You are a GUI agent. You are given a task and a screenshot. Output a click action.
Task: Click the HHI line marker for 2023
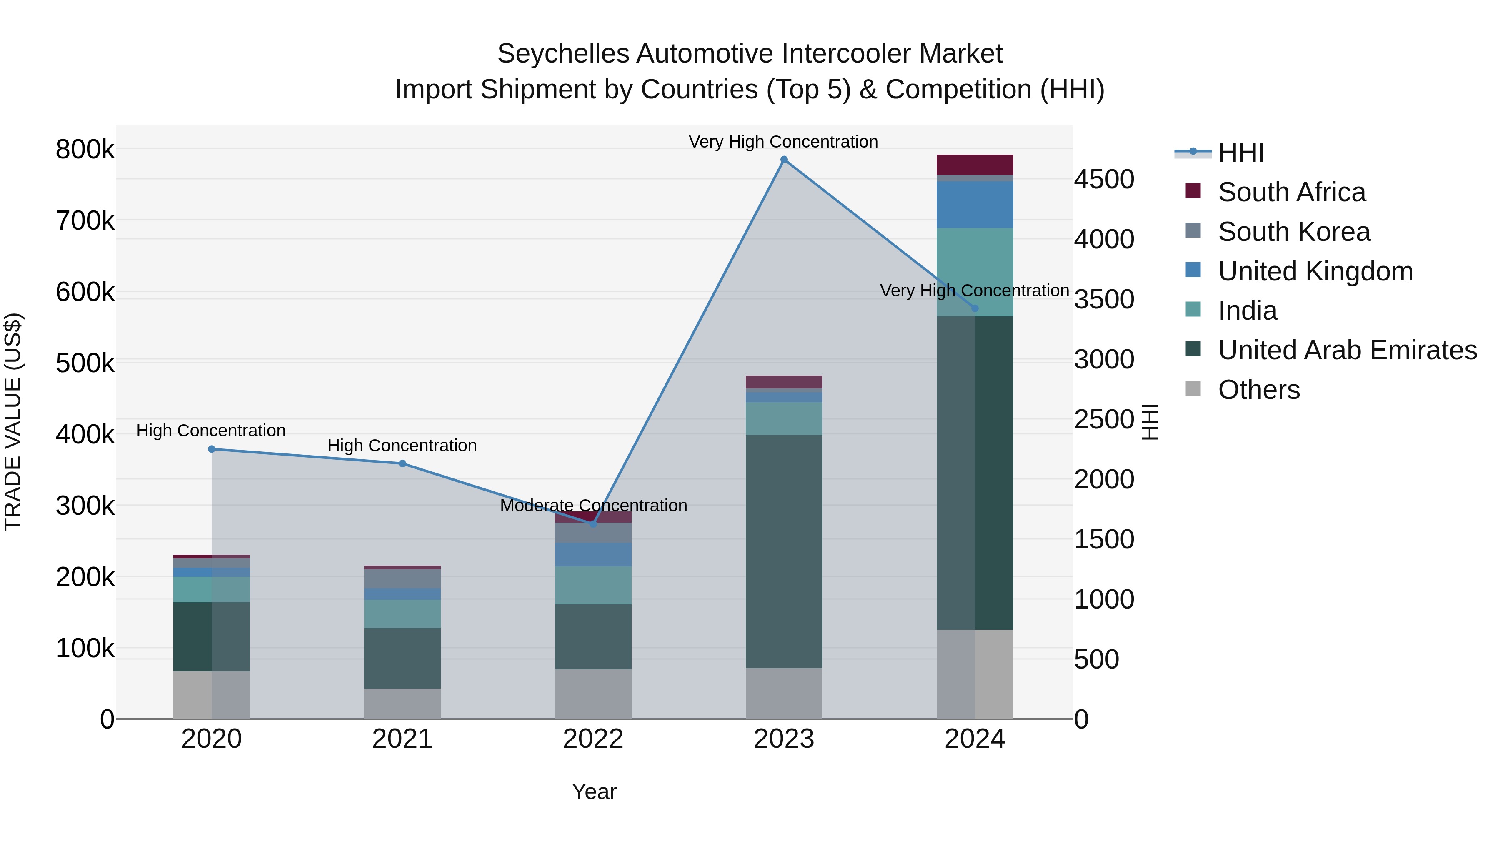coord(784,160)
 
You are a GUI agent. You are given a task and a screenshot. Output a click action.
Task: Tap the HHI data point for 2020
coord(211,449)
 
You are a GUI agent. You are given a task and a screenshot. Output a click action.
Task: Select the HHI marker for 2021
coord(402,463)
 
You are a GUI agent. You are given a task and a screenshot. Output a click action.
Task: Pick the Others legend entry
coord(1258,390)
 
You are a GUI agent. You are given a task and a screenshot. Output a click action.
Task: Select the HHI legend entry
coord(1240,153)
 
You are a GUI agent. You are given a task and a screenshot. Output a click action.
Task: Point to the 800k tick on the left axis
coord(85,150)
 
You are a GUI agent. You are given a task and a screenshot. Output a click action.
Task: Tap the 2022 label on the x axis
coord(593,739)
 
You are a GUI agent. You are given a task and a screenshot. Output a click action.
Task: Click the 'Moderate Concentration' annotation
coord(593,506)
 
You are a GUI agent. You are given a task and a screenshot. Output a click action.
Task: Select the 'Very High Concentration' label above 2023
coord(783,142)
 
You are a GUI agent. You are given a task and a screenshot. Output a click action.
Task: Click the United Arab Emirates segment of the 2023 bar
coord(784,551)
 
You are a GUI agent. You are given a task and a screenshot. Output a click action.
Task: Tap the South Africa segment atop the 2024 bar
coord(975,165)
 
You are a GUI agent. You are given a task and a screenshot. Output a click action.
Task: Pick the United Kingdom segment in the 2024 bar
coord(975,205)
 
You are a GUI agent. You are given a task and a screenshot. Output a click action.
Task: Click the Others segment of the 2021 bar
coord(402,704)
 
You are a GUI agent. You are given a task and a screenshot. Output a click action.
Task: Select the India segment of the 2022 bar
coord(593,586)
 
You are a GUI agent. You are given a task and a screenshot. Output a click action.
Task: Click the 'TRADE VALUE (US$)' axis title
coord(13,422)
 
